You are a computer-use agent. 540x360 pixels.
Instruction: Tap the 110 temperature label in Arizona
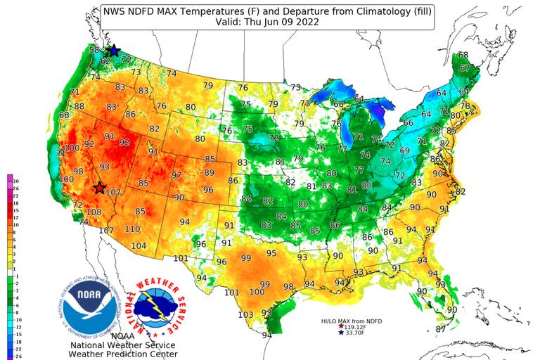pyautogui.click(x=132, y=229)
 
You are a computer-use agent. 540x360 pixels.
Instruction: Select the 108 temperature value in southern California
pyautogui.click(x=94, y=212)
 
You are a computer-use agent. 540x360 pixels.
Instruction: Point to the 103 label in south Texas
pyautogui.click(x=245, y=314)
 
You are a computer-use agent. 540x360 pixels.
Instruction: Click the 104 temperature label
pyautogui.click(x=139, y=245)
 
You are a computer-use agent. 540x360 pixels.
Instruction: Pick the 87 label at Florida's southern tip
pyautogui.click(x=441, y=328)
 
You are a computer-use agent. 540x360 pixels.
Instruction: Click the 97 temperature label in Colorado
pyautogui.click(x=176, y=175)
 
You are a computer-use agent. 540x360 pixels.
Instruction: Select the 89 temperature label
pyautogui.click(x=209, y=172)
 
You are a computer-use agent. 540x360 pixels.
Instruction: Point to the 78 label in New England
pyautogui.click(x=465, y=105)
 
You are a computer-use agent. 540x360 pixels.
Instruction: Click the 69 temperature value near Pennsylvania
pyautogui.click(x=404, y=150)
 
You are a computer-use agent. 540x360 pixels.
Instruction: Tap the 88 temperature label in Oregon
pyautogui.click(x=79, y=107)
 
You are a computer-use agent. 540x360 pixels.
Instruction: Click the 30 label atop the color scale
pyautogui.click(x=15, y=181)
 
